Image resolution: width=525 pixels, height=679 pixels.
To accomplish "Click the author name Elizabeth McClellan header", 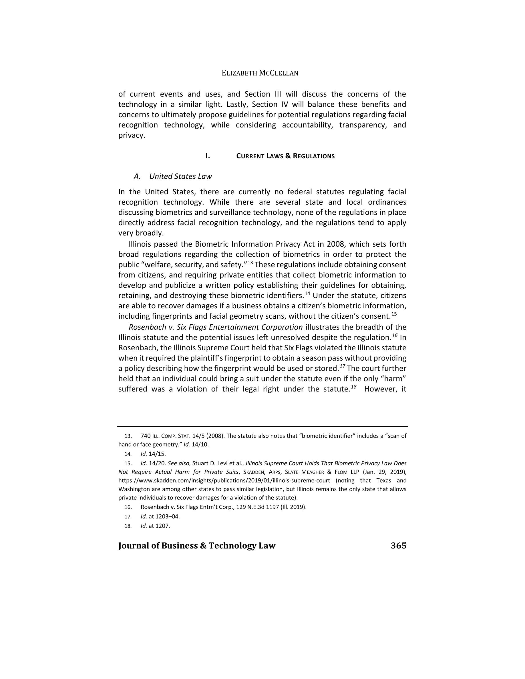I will point(260,73).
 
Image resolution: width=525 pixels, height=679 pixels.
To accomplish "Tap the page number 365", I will point(398,546).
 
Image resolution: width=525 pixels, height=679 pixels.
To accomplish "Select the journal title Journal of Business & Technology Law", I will point(197,546).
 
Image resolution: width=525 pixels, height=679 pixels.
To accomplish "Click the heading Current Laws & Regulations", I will point(285,156).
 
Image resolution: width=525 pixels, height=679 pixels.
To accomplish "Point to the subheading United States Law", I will point(180,176).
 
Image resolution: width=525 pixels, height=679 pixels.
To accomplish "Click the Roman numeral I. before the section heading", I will point(207,156).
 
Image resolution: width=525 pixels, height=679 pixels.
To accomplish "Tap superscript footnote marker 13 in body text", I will point(250,263).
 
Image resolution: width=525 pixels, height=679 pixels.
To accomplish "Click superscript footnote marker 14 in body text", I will point(307,293).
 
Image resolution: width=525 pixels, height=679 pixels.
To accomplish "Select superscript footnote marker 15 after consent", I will point(394,314).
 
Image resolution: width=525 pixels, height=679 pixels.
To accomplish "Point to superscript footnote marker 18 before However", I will point(353,387).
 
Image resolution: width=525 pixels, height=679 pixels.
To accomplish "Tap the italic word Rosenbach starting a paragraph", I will point(144,327).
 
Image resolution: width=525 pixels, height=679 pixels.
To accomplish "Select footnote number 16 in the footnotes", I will point(128,507).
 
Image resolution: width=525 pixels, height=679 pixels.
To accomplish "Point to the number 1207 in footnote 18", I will point(163,526).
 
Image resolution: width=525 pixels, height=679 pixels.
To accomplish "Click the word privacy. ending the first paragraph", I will point(132,135).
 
